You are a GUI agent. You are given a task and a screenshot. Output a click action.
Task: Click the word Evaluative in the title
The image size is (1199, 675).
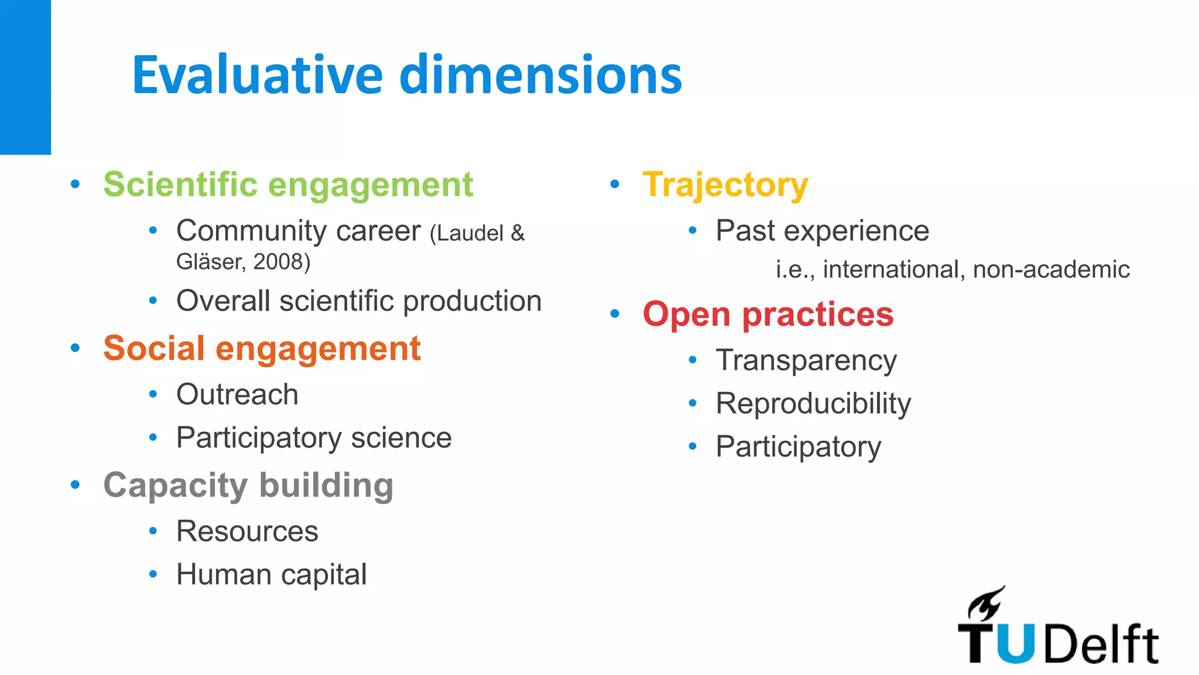tap(258, 75)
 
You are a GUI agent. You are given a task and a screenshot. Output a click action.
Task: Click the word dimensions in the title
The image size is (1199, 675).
tap(542, 75)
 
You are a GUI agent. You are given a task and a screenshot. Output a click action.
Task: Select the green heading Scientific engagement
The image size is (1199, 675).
tap(288, 185)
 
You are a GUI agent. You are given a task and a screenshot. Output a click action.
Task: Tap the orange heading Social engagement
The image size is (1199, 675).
tap(262, 349)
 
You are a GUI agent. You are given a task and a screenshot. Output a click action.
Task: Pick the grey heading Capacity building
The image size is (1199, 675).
tap(248, 486)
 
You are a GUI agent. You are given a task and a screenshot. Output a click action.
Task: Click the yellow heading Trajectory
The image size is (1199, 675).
tap(725, 185)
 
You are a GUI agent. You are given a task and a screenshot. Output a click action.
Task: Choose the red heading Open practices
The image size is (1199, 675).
tap(768, 315)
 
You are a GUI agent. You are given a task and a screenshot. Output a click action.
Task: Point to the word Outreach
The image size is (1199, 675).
tap(237, 394)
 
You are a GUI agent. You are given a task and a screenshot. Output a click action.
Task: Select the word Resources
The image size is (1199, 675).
tap(247, 531)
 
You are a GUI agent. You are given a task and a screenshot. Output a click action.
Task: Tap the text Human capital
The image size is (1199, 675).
tap(272, 575)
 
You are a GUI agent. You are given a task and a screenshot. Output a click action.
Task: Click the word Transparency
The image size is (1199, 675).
tap(806, 360)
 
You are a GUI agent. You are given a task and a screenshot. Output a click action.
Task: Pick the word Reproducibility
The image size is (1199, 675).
tap(813, 404)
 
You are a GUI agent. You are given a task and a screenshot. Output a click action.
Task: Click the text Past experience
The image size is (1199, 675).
tap(822, 231)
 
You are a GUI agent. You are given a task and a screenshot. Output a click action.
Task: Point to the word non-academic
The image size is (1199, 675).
tap(1051, 270)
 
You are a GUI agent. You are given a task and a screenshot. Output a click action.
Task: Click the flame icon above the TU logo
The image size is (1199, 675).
tap(986, 604)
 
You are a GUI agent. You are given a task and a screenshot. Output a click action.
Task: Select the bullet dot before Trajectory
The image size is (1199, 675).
tap(615, 185)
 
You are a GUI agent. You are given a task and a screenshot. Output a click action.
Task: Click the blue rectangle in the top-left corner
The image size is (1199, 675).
tap(25, 76)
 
